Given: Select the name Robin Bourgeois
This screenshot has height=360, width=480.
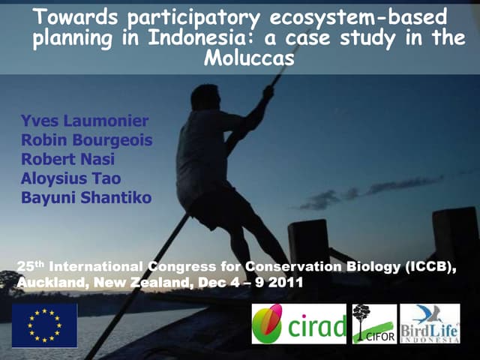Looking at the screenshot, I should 86,139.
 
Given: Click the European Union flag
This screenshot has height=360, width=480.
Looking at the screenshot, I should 44,325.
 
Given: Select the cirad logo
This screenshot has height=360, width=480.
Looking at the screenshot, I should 298,324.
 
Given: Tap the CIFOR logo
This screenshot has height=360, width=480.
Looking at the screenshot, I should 374,324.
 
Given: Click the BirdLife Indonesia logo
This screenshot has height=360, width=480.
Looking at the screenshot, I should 430,324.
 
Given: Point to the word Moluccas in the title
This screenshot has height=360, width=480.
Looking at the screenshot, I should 248,58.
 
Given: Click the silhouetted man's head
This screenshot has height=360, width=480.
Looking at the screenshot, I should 205,97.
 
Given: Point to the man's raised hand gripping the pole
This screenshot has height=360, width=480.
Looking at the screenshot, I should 267,91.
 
